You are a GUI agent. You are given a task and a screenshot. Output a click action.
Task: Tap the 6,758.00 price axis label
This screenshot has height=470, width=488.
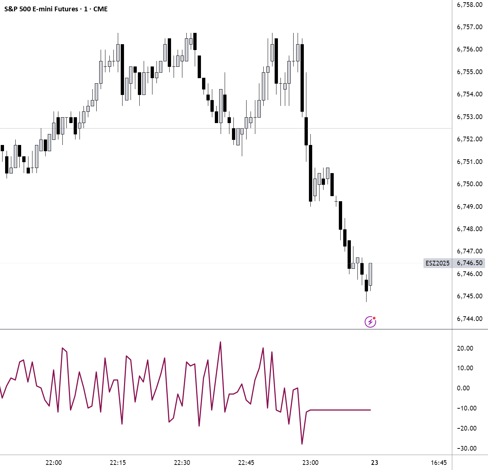pos(469,5)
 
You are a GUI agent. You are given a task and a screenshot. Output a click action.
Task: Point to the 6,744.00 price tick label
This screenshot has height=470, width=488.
pos(469,318)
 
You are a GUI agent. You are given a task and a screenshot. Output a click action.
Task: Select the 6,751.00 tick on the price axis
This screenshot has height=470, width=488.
pos(469,161)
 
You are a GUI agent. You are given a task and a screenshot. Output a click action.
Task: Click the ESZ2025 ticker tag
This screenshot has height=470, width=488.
pos(437,263)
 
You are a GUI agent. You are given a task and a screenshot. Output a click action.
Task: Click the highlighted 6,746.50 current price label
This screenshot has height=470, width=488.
pos(469,263)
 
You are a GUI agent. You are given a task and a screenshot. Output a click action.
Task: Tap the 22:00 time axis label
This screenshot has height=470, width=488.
pos(54,462)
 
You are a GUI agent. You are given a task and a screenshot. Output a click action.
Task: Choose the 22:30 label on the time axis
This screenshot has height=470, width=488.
pos(182,462)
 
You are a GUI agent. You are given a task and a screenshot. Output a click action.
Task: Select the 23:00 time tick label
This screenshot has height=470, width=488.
pos(310,462)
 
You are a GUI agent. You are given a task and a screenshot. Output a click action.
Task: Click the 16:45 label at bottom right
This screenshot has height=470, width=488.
pos(438,462)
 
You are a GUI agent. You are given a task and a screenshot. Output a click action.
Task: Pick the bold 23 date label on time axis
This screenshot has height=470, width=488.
pos(375,462)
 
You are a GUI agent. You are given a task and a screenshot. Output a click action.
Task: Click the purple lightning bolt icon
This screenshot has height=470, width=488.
pos(370,322)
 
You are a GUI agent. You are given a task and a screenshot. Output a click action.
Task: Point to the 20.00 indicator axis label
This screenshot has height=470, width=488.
pos(465,348)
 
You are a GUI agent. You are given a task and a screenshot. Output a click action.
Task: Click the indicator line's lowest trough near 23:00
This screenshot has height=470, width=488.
pos(302,444)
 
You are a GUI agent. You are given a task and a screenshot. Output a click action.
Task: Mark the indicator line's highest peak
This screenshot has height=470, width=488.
pos(220,342)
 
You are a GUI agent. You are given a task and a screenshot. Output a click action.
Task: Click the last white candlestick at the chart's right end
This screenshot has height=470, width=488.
pos(370,274)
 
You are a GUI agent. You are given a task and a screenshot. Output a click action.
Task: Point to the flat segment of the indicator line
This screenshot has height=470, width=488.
pos(339,410)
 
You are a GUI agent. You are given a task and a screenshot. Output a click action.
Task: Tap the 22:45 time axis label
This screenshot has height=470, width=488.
pos(246,462)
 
